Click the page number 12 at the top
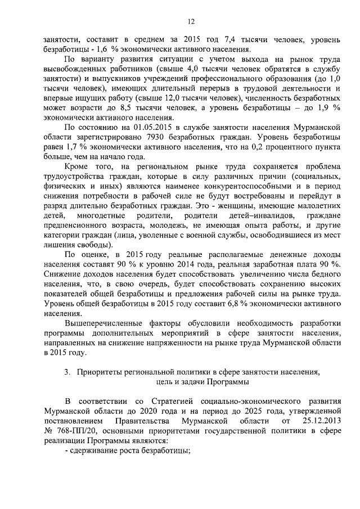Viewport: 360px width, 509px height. [191, 21]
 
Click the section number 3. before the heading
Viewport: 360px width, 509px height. [67, 371]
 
